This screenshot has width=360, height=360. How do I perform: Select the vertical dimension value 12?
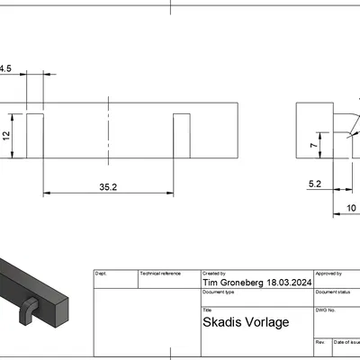click(x=5, y=135)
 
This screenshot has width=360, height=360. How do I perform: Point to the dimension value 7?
click(x=312, y=146)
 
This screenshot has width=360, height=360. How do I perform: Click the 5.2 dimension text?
click(x=315, y=184)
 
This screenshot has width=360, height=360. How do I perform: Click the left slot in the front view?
click(x=36, y=137)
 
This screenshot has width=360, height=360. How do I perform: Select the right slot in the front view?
click(x=181, y=137)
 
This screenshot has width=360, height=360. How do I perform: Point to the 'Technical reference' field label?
click(x=160, y=273)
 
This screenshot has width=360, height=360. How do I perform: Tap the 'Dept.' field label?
click(x=101, y=273)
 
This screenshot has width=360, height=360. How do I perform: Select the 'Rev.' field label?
click(x=319, y=342)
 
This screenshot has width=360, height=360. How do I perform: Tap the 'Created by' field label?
click(x=214, y=273)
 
